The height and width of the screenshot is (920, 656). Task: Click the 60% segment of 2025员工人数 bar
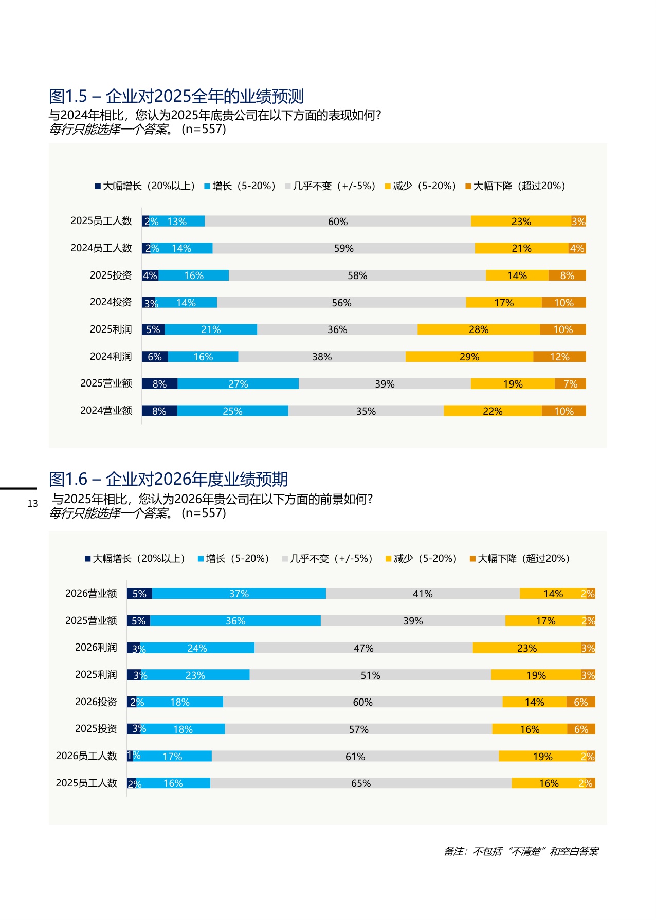338,222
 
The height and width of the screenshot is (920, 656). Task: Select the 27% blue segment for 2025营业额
238,384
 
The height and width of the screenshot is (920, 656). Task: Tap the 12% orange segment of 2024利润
559,357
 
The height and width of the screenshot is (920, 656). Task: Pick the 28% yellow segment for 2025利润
478,329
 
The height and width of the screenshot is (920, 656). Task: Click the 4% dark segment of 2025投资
150,275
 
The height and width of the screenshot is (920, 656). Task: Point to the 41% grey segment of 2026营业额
423,594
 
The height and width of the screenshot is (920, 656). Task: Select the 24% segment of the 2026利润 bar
197,648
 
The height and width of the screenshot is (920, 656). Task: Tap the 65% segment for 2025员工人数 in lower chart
361,783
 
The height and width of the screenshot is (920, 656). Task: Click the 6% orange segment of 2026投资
580,702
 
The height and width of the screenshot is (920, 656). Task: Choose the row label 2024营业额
106,411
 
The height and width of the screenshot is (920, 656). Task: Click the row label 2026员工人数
86,756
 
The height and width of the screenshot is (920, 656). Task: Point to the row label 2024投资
111,302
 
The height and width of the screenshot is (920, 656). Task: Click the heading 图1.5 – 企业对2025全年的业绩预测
176,96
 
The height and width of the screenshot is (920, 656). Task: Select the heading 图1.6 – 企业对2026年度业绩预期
168,479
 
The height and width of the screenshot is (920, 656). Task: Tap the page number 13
32,504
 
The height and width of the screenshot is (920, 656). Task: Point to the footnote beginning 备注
521,852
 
